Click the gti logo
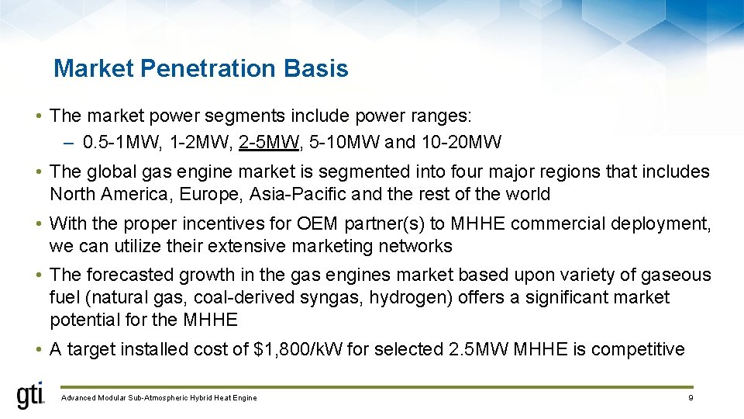(31, 396)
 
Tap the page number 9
(689, 398)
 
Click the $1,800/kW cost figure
(298, 349)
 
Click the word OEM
(317, 223)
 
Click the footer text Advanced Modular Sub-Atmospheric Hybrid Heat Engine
(158, 398)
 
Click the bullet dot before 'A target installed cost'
(38, 349)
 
